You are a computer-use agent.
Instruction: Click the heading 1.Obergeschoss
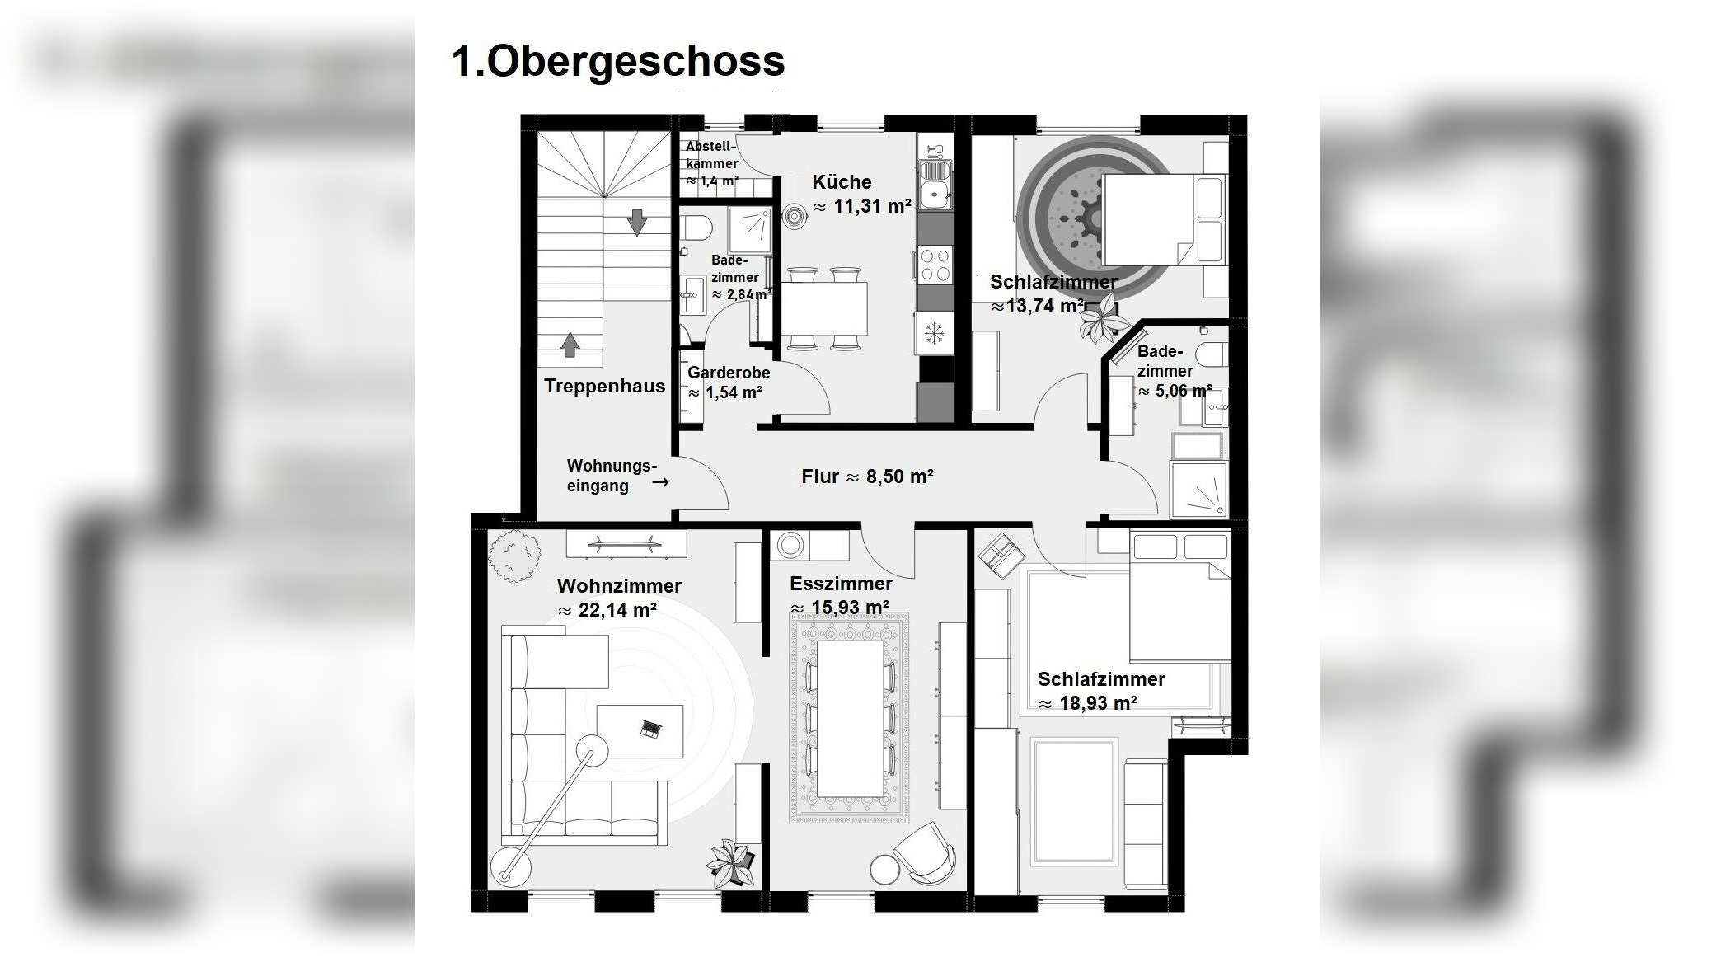click(x=618, y=61)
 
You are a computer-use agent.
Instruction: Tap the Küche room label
click(x=842, y=182)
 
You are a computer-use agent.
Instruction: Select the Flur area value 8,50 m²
click(x=899, y=476)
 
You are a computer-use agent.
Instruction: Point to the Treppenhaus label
click(x=604, y=386)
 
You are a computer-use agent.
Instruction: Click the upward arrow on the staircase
click(x=570, y=345)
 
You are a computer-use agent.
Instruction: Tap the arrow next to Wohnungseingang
click(x=660, y=482)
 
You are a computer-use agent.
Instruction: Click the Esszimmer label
click(x=841, y=584)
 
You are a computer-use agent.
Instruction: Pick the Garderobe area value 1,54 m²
click(x=734, y=392)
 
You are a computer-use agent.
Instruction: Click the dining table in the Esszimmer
click(x=849, y=718)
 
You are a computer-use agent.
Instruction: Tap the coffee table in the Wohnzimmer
click(x=640, y=730)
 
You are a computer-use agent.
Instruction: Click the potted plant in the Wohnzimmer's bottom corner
click(x=730, y=863)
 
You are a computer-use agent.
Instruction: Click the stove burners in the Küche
click(x=935, y=265)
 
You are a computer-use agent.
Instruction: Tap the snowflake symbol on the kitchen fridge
click(x=934, y=333)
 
